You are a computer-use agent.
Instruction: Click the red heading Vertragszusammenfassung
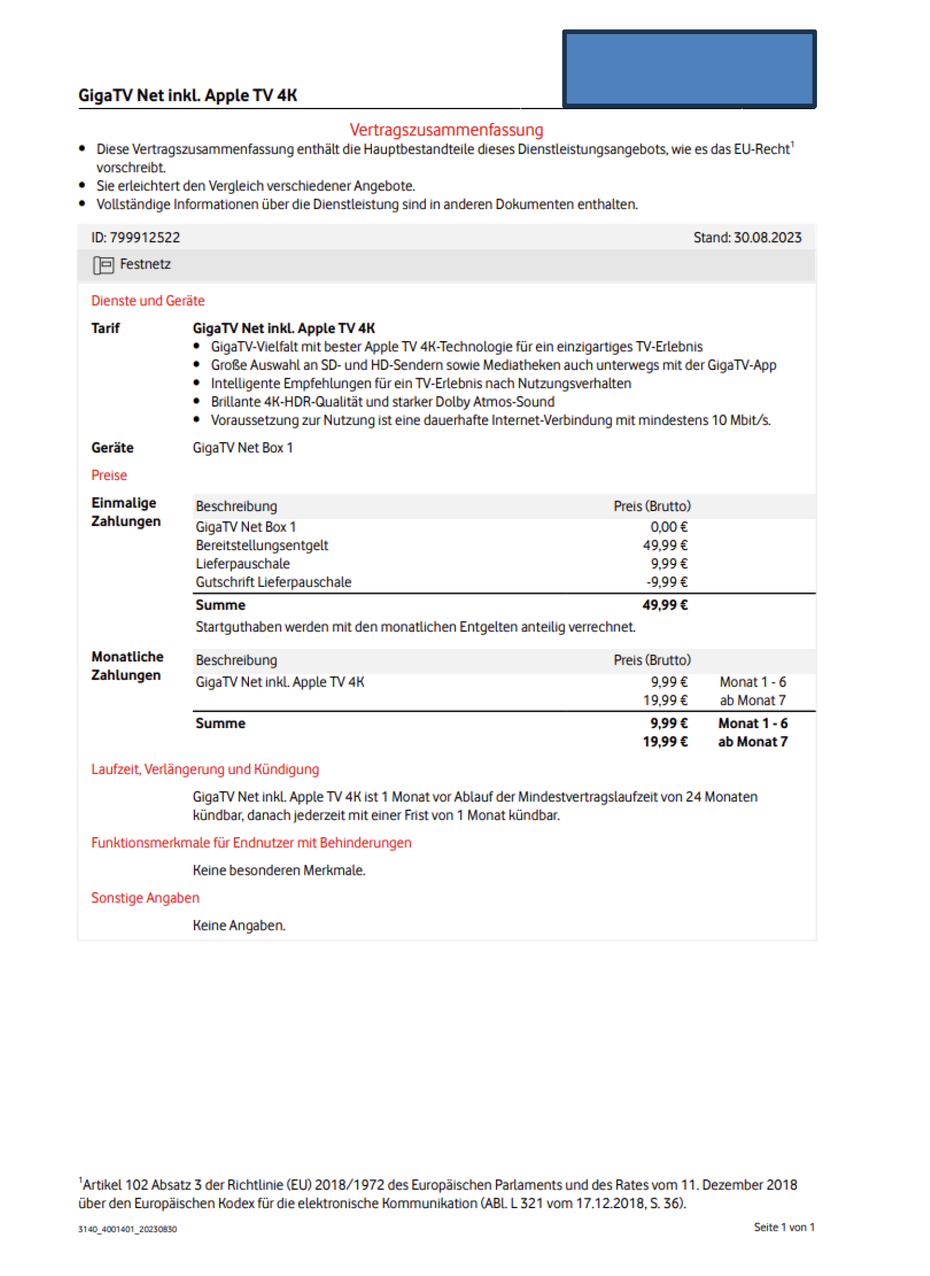[x=446, y=130]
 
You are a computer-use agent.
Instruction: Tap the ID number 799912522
[x=145, y=238]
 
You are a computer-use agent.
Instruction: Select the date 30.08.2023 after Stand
[x=767, y=238]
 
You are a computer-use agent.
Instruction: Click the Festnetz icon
[x=104, y=265]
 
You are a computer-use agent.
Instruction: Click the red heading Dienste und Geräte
[x=148, y=301]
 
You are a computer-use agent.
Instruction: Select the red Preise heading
[x=109, y=475]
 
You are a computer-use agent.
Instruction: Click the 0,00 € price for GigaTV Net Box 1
[x=668, y=527]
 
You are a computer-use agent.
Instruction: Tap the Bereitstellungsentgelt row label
[x=262, y=546]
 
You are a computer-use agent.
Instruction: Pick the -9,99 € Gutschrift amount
[x=667, y=582]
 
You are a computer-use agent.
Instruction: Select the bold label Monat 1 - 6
[x=753, y=724]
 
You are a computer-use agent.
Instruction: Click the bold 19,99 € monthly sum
[x=665, y=742]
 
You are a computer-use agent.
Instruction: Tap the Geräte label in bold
[x=112, y=448]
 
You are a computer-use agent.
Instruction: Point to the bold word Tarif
[x=105, y=329]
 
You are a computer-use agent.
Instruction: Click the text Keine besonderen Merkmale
[x=279, y=870]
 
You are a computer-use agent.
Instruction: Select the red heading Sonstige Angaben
[x=145, y=898]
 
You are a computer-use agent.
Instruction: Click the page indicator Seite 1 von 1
[x=783, y=1227]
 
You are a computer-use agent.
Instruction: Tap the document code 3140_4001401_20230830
[x=127, y=1229]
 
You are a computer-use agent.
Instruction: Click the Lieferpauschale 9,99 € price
[x=669, y=564]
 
